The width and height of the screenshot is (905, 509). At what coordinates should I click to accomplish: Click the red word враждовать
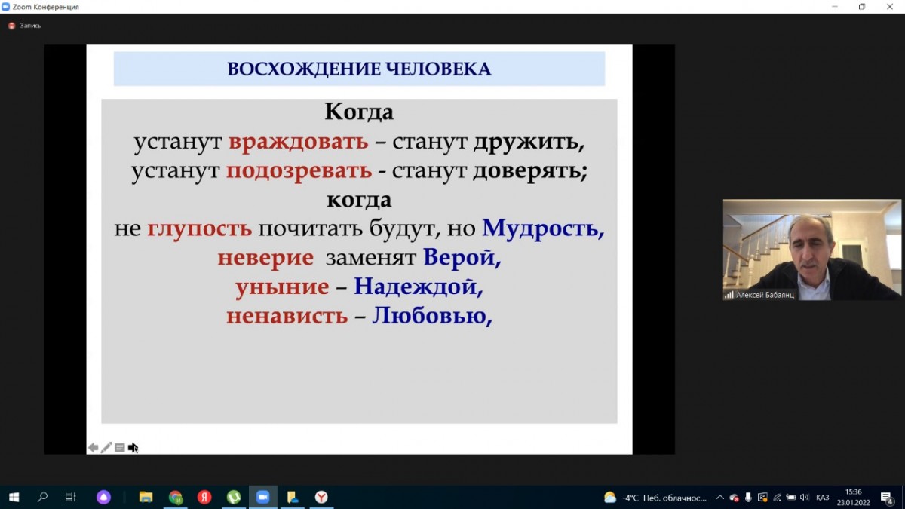click(x=299, y=143)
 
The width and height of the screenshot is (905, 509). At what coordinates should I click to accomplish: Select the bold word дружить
click(x=529, y=143)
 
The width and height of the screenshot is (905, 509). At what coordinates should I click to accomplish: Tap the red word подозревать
click(x=299, y=171)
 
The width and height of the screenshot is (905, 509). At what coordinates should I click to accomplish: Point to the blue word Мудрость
click(x=543, y=228)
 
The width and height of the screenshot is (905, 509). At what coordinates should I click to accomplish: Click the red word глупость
click(x=199, y=229)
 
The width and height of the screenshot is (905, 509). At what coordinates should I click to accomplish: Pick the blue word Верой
click(x=462, y=258)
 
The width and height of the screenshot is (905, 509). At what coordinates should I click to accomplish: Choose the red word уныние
click(x=282, y=287)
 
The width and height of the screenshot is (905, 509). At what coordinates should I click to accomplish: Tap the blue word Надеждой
click(x=418, y=287)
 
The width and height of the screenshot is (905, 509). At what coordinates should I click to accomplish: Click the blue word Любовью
click(x=432, y=316)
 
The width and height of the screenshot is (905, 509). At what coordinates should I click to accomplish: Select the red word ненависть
click(x=287, y=316)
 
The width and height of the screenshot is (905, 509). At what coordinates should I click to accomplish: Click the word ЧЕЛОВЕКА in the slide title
click(x=438, y=69)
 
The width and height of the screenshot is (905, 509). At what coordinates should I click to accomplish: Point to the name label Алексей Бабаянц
click(x=765, y=296)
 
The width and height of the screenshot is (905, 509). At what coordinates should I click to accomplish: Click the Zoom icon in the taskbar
click(x=262, y=497)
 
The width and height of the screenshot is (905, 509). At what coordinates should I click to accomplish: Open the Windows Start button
click(x=14, y=497)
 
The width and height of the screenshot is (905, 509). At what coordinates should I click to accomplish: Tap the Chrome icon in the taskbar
click(x=175, y=497)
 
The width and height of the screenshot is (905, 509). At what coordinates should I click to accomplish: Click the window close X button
click(x=890, y=7)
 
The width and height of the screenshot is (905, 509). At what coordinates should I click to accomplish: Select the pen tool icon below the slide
click(x=106, y=448)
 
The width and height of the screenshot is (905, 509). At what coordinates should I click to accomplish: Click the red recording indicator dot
click(x=12, y=26)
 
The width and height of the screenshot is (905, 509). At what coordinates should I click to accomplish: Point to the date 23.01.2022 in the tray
click(x=853, y=503)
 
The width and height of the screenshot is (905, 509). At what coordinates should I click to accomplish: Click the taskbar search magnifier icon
click(x=42, y=497)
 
